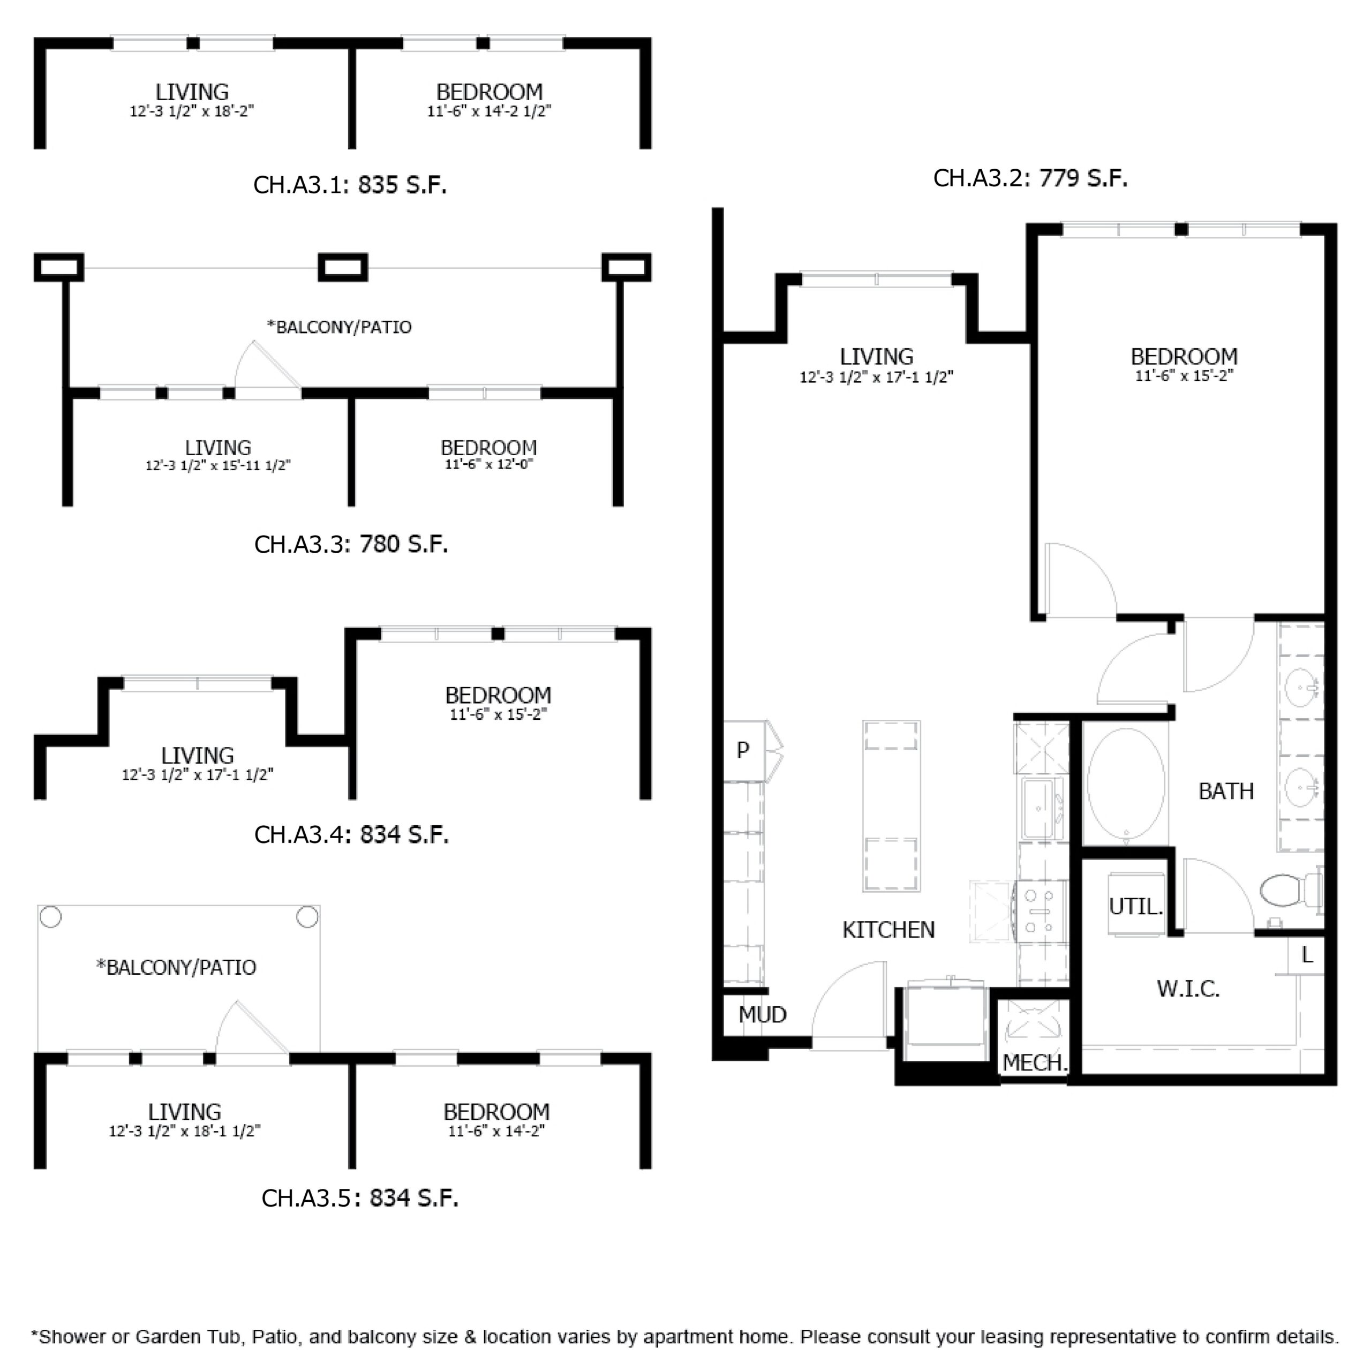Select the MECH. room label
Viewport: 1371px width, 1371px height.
[1034, 1063]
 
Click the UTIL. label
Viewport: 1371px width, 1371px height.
[1135, 906]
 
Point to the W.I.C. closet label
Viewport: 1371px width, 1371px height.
[1188, 989]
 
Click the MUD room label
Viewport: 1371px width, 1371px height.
[762, 1015]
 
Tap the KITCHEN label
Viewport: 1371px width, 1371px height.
[888, 930]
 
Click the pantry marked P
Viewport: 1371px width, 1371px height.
[743, 750]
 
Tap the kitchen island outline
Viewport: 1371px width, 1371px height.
[891, 805]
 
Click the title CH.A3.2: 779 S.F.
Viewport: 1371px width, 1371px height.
[1030, 178]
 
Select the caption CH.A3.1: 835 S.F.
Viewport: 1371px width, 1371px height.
[350, 185]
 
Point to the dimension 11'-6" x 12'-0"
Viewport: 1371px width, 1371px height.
[489, 464]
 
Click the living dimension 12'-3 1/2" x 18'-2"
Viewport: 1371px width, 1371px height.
[192, 111]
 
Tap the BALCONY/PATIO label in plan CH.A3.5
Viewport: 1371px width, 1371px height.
[176, 967]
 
